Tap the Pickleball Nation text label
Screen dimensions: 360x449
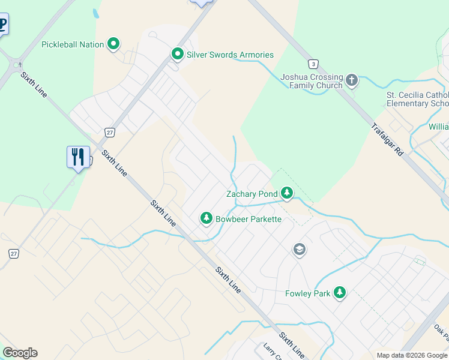[x=73, y=44]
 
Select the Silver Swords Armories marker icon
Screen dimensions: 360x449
[x=178, y=55]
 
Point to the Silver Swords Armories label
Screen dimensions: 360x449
[x=230, y=55]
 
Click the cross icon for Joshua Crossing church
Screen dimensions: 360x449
[x=352, y=80]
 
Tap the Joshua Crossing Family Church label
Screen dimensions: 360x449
[x=312, y=82]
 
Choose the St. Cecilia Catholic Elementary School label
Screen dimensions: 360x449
[x=417, y=99]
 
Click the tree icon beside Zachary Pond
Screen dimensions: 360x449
[x=288, y=193]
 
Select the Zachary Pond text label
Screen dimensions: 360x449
[x=252, y=194]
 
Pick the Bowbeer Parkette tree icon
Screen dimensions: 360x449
[x=206, y=218]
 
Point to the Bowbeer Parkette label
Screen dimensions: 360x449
[x=249, y=219]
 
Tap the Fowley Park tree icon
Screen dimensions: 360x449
[x=340, y=293]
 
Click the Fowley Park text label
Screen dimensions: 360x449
[x=307, y=293]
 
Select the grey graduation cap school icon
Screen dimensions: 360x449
[x=300, y=249]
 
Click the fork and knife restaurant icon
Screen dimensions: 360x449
[x=78, y=157]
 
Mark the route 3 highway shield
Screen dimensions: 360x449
[x=312, y=64]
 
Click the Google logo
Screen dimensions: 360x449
[x=20, y=353]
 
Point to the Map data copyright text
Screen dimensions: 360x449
[x=412, y=355]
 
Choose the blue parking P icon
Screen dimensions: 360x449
[x=3, y=25]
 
